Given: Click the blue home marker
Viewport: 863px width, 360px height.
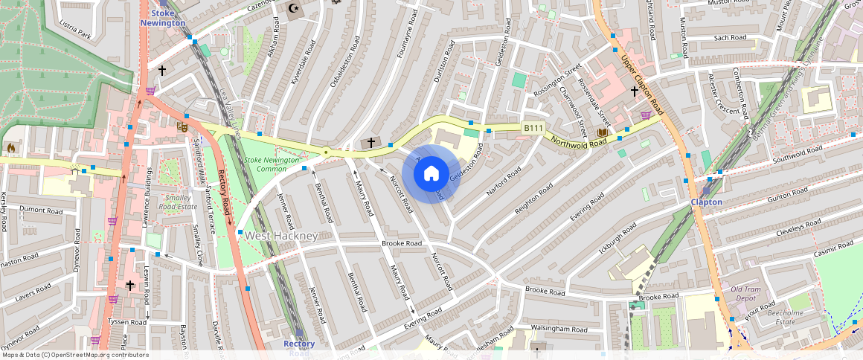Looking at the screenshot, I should click(x=431, y=174).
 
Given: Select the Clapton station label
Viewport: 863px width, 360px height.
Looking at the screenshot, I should click(x=706, y=202).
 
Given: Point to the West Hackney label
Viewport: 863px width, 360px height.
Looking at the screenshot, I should click(x=281, y=236).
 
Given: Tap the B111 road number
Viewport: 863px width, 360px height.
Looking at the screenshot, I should click(x=532, y=128).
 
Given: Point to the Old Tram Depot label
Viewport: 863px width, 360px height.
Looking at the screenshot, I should click(x=745, y=294).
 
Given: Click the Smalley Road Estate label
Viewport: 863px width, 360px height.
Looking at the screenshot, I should click(x=178, y=202).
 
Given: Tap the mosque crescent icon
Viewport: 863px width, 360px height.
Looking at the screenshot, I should click(x=295, y=10).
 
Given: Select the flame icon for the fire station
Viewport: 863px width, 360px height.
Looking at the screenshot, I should click(x=10, y=148).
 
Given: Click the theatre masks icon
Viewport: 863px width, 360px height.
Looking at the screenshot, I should click(x=182, y=127).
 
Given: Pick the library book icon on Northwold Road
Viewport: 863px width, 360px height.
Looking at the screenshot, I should click(x=602, y=133).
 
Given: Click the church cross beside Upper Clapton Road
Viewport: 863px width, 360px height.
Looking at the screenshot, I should click(x=635, y=91).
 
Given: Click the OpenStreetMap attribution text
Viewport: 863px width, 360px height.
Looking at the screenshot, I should click(x=74, y=355).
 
